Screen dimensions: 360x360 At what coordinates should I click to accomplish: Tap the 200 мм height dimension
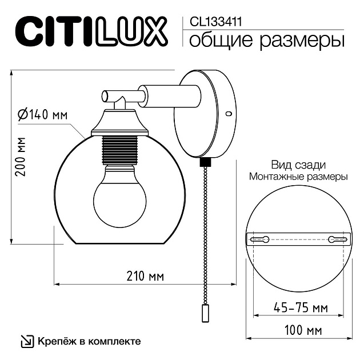pos(21,157)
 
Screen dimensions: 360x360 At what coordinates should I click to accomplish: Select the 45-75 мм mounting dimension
pos(299,307)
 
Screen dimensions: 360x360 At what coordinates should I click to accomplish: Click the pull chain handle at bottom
pos(204,314)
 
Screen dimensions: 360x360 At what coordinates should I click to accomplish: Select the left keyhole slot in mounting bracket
pos(262,239)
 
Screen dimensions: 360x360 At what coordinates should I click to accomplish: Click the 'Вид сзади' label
pos(298,165)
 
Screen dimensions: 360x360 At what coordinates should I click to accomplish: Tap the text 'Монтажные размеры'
pos(298,177)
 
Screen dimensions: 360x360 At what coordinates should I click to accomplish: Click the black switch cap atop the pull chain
pos(204,162)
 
